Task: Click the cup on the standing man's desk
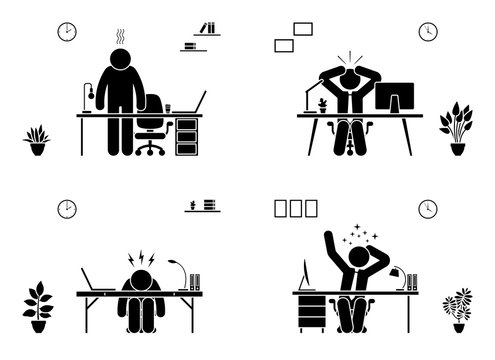[x=168, y=108]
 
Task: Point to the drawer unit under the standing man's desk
[x=186, y=136]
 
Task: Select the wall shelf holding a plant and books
[x=201, y=208]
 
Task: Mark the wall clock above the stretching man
[x=428, y=209]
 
